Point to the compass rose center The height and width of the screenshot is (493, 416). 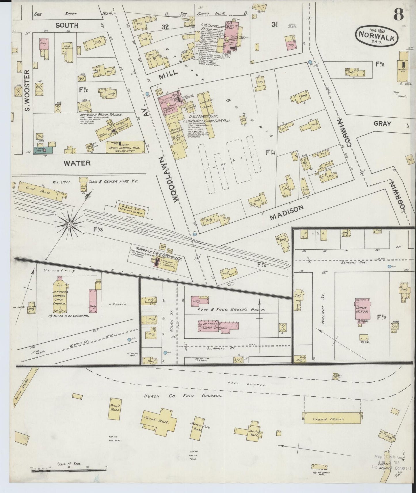[x=70, y=224]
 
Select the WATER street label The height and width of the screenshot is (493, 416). [x=77, y=163]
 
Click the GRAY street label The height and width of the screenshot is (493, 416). [x=382, y=124]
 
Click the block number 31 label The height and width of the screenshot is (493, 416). [x=274, y=25]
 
